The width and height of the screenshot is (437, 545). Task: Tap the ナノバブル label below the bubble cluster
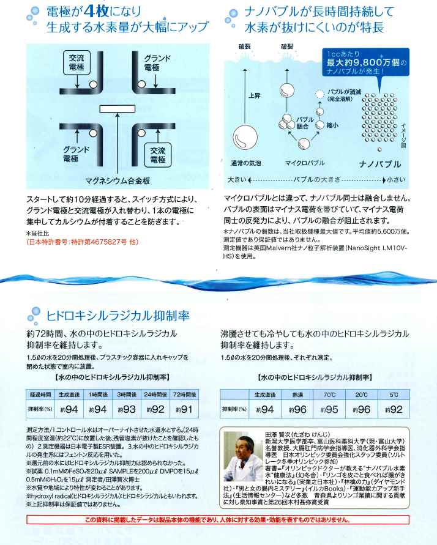[x=379, y=164]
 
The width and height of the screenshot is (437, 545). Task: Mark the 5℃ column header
[x=395, y=395]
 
